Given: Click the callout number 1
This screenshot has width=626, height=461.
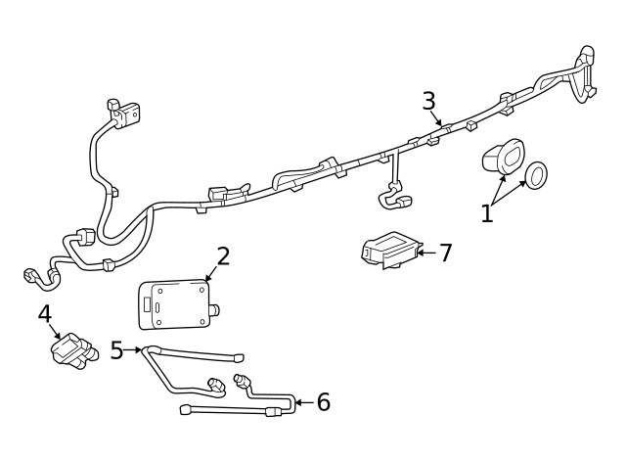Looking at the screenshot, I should point(487,212).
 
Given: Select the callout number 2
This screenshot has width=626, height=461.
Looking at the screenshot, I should point(223,256).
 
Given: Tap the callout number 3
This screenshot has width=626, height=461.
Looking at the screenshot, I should point(428,100).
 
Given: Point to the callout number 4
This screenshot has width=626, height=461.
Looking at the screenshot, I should point(44,314).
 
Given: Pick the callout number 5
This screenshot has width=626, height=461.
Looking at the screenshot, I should point(117,349).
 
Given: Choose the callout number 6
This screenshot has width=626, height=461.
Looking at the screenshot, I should point(323,401).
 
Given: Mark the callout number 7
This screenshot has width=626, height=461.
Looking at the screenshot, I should point(445,253).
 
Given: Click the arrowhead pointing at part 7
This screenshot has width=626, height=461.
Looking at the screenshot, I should point(420,253).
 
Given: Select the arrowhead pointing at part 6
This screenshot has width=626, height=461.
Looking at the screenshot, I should point(298,401).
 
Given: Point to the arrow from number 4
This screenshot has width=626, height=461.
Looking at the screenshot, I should point(60,335).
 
